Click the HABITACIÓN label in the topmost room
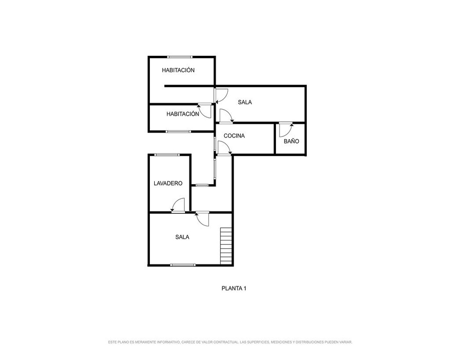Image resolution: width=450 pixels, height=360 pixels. click(x=178, y=70)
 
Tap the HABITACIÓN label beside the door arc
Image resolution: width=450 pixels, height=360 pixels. click(x=183, y=114)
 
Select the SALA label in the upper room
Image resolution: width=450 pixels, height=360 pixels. click(x=245, y=102)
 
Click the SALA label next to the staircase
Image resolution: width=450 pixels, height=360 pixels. click(x=182, y=237)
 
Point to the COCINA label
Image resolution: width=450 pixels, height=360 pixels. click(x=234, y=136)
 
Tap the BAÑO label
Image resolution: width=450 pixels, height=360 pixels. click(x=291, y=141)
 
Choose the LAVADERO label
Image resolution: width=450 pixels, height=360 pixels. click(x=168, y=183)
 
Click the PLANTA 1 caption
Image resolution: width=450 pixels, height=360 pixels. click(x=234, y=288)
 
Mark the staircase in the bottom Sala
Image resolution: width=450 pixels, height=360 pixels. click(x=226, y=246)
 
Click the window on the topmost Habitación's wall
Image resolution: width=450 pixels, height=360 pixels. click(x=180, y=57)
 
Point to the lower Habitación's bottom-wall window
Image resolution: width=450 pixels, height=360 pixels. click(x=178, y=131)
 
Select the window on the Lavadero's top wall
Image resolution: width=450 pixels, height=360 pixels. click(x=167, y=155)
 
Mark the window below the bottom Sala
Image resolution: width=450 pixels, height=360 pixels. click(x=183, y=265)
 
